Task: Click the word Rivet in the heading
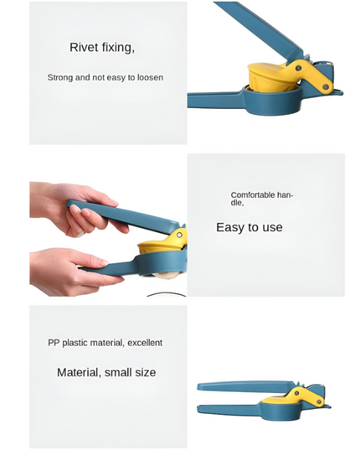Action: click(83, 48)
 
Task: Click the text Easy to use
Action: click(249, 227)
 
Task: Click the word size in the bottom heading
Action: click(143, 372)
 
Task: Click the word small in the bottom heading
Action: click(114, 372)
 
